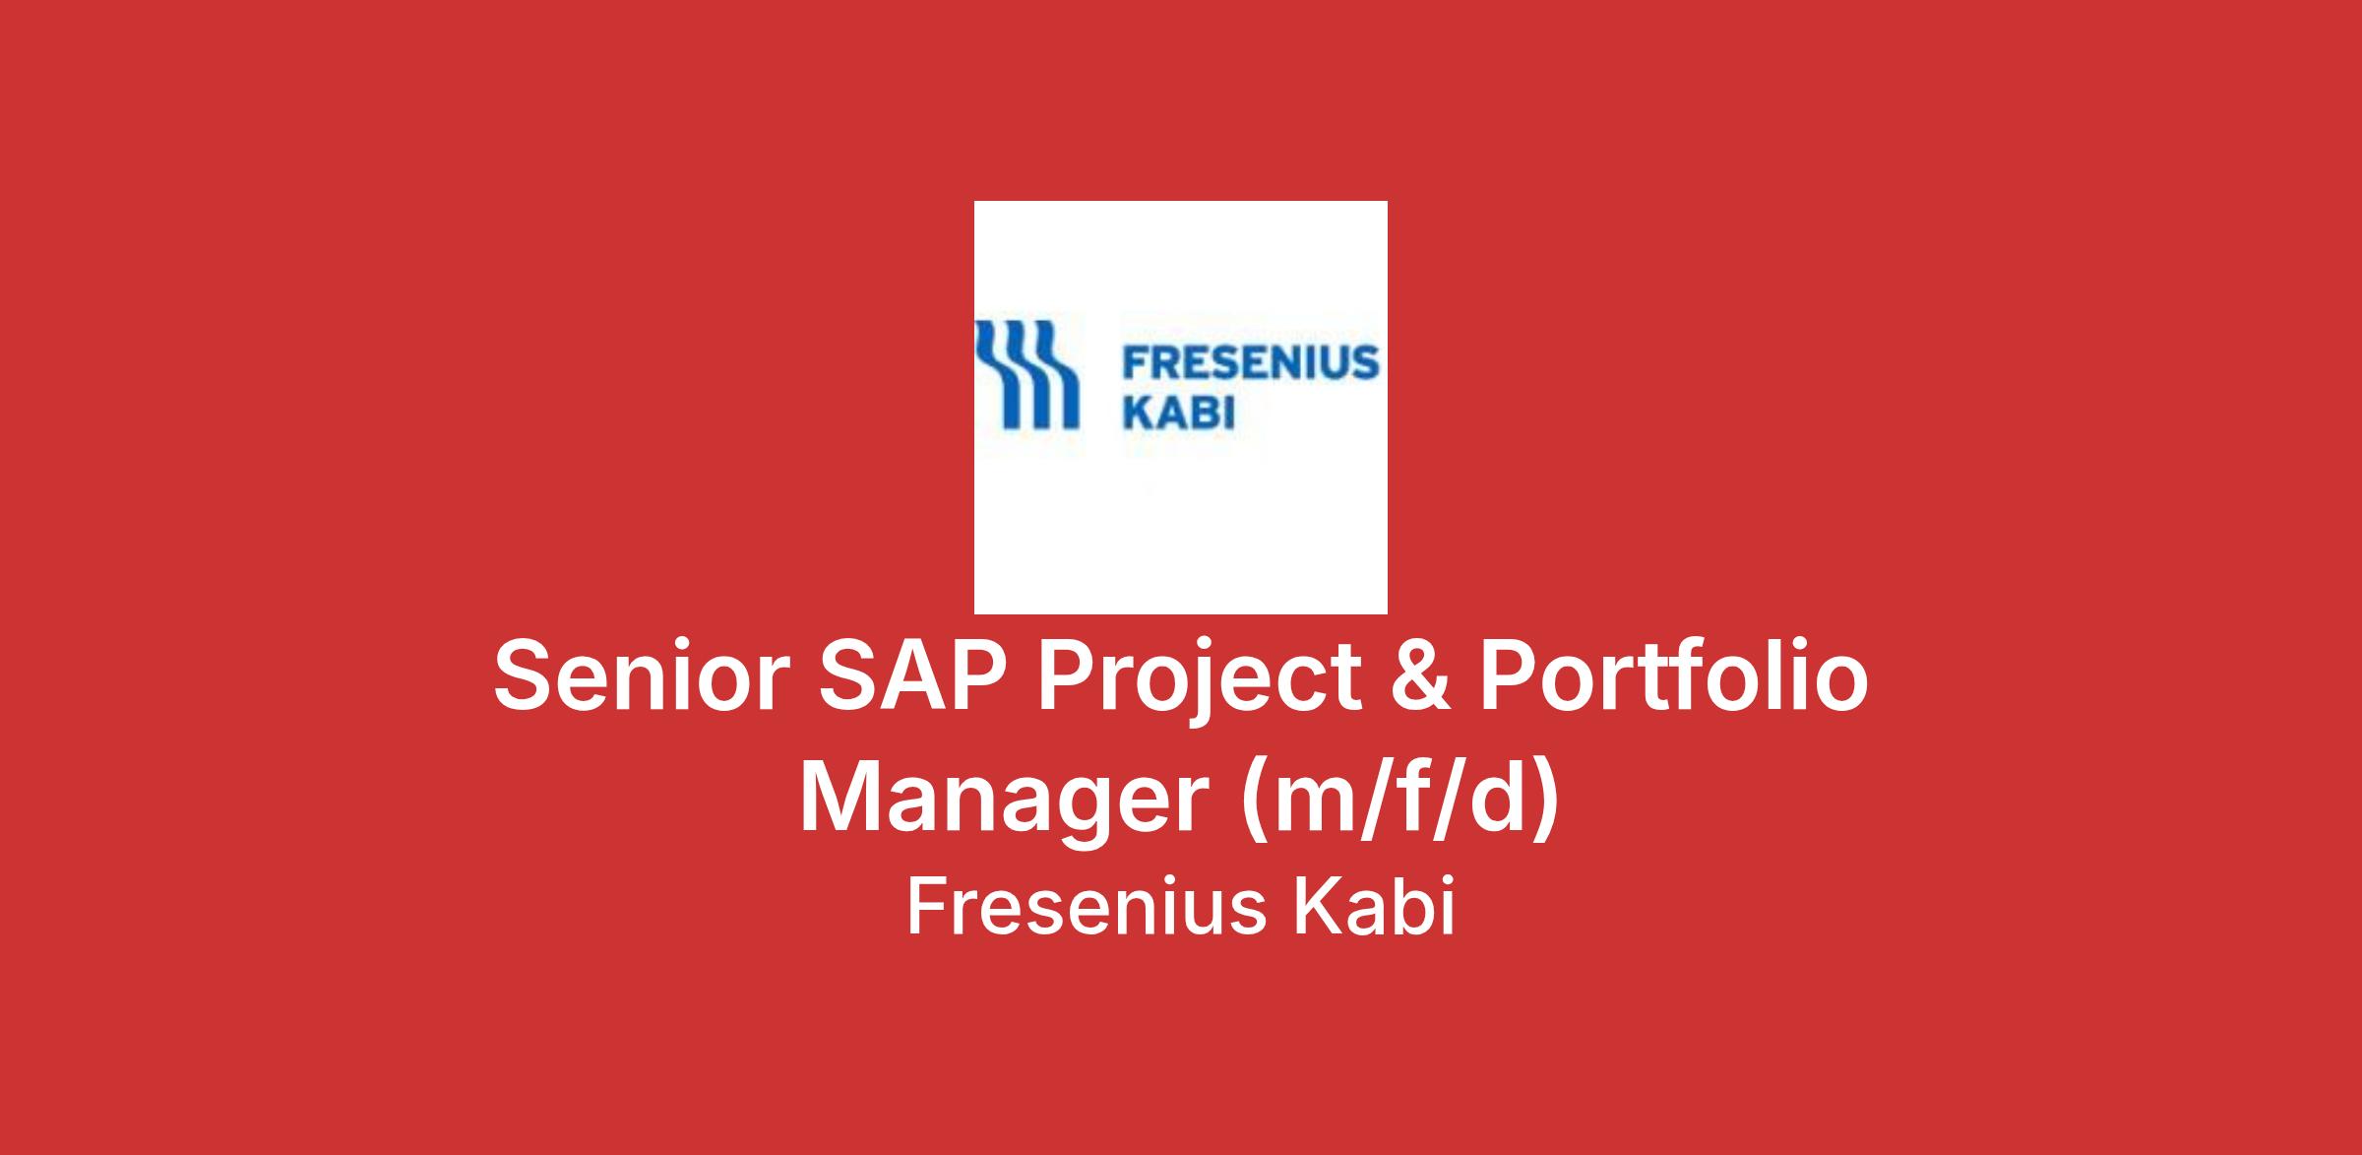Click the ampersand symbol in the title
[x=1418, y=676]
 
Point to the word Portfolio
[x=1674, y=676]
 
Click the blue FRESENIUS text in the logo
[x=1251, y=363]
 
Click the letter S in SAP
[x=854, y=676]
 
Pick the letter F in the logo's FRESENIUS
[x=1138, y=363]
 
